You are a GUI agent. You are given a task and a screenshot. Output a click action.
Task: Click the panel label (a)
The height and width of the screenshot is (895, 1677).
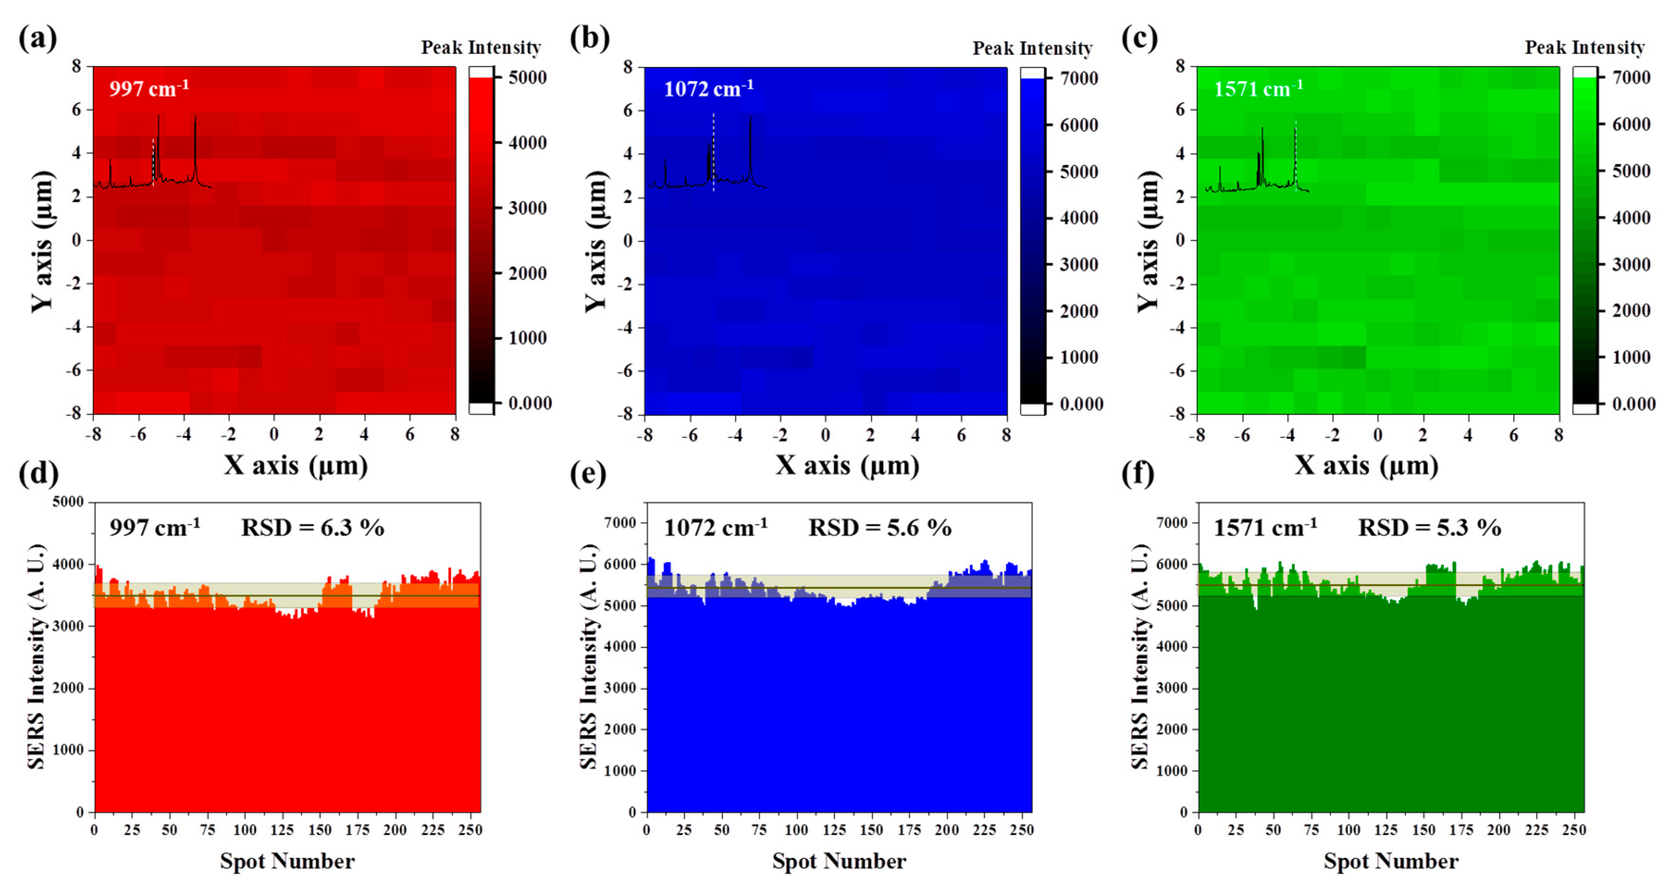[x=37, y=38]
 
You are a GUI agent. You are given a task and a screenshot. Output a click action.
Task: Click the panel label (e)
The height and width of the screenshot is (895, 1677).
[x=587, y=473]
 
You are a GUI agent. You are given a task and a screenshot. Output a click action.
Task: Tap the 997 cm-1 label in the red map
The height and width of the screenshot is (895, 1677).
[x=148, y=88]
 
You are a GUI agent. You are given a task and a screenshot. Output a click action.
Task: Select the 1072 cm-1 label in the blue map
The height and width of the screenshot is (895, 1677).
[x=708, y=88]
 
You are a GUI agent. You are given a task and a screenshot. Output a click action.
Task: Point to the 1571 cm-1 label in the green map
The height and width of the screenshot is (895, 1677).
[x=1258, y=88]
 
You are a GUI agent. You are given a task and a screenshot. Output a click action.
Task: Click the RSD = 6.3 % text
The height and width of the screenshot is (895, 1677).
[x=313, y=527]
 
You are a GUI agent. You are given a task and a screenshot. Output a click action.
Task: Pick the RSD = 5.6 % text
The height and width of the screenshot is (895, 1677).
[x=879, y=527]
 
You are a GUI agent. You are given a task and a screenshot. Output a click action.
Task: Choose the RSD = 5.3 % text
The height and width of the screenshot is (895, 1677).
[x=1429, y=527]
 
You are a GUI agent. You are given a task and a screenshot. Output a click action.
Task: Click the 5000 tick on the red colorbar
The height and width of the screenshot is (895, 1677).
[x=527, y=77]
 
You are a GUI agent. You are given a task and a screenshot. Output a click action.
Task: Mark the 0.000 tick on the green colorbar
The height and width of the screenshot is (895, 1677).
[x=1633, y=404]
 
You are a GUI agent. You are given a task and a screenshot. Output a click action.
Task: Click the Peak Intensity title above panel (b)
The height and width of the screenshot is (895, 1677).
[x=1032, y=48]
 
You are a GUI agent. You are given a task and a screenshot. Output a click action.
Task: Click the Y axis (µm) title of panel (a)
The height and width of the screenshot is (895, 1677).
[x=42, y=241]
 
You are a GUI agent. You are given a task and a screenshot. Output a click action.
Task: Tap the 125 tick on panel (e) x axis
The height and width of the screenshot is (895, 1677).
[x=833, y=830]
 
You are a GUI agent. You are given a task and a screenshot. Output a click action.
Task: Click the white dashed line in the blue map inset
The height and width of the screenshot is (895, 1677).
[x=714, y=152]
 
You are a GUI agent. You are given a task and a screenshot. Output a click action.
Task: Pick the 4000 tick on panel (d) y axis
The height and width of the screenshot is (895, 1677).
[x=68, y=564]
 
